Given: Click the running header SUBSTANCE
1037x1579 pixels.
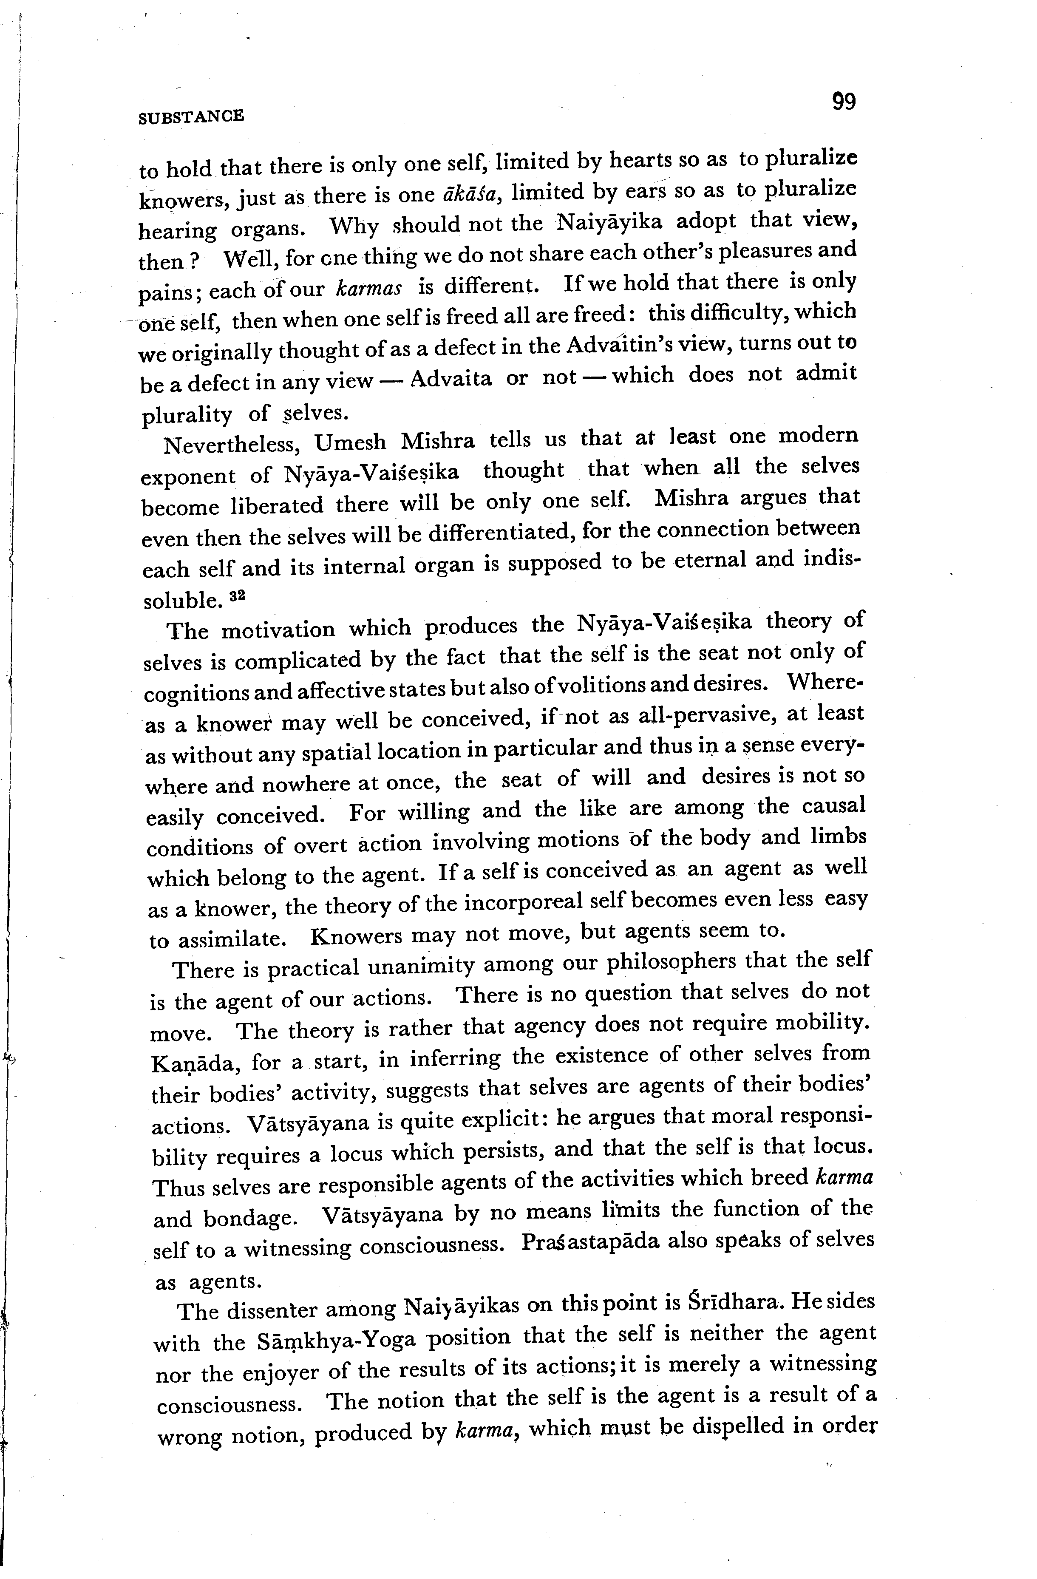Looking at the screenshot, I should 192,117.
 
